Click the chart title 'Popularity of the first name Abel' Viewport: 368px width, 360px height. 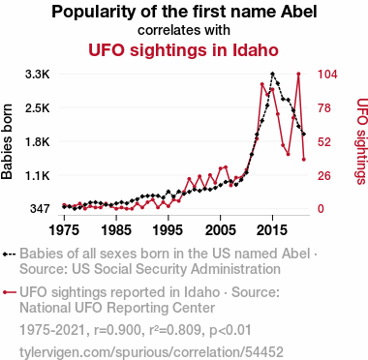(x=184, y=12)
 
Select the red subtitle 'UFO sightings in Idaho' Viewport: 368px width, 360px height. (x=183, y=50)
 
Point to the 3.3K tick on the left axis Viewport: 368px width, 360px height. (x=38, y=75)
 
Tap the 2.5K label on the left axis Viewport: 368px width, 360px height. (x=38, y=108)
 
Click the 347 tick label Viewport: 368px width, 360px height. (x=40, y=209)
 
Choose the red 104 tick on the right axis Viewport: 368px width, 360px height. (x=327, y=75)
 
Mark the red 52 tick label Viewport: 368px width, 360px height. (x=324, y=141)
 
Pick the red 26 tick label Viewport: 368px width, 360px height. (x=324, y=175)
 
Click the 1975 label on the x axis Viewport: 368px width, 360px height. (x=64, y=230)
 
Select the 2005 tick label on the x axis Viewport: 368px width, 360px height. (x=220, y=230)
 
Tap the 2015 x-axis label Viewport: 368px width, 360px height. (x=272, y=230)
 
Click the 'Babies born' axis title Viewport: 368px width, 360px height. (x=7, y=141)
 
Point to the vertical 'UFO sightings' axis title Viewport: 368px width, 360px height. (x=362, y=141)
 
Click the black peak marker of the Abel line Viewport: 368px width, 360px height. (x=273, y=74)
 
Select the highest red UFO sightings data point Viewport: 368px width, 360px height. (x=298, y=74)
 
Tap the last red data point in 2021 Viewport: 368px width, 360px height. (x=304, y=160)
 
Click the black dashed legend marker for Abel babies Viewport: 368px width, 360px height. (x=9, y=255)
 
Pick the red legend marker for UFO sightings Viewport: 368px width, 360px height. (x=9, y=292)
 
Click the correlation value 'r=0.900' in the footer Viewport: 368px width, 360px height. (x=117, y=330)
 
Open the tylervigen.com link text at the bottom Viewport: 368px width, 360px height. (x=151, y=352)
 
